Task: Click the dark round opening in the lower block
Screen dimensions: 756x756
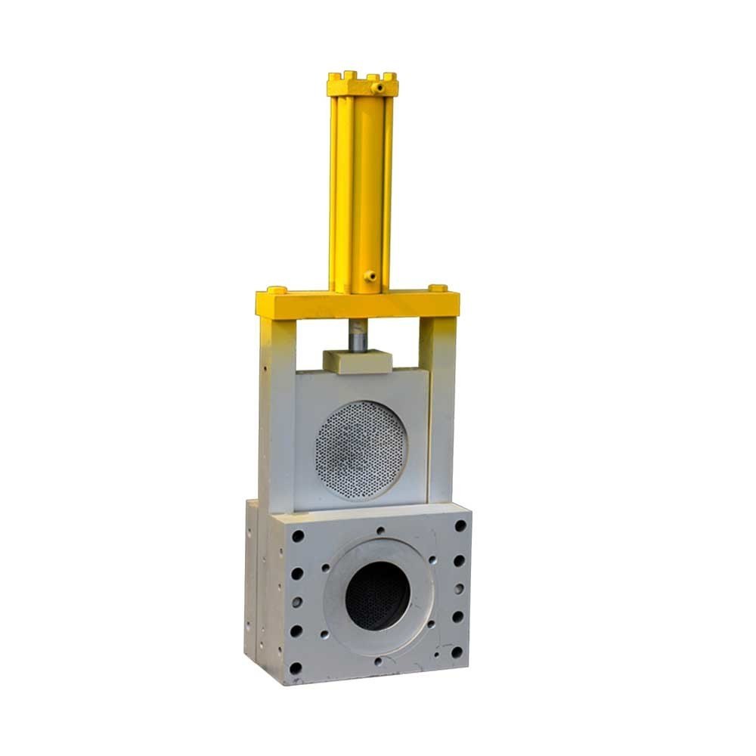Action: pos(377,596)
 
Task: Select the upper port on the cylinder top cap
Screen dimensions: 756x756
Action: pos(370,79)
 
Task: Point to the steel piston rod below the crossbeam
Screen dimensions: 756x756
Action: pos(358,335)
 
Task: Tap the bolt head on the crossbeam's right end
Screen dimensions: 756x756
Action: pos(437,288)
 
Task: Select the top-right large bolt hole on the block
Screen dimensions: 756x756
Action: pos(460,525)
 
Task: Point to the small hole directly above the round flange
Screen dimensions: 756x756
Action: pos(379,531)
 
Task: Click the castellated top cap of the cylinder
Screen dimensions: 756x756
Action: pos(362,84)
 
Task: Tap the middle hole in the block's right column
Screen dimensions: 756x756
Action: pos(458,588)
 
